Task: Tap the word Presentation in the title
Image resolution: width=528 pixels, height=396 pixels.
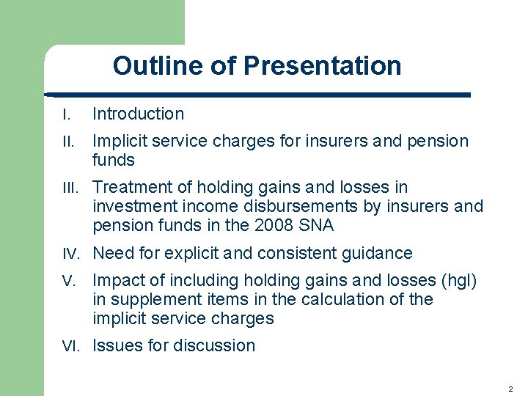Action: point(323,66)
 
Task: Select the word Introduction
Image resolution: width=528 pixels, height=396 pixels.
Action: point(138,114)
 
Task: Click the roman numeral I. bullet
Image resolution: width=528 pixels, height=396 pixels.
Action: point(66,114)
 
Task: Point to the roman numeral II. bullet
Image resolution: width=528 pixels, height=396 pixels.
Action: point(67,141)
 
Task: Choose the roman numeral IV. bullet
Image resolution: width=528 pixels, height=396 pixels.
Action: point(71,254)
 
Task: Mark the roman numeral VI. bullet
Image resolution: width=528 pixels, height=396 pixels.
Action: point(71,346)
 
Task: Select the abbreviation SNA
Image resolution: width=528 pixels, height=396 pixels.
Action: point(317,226)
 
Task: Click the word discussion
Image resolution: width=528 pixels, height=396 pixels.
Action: point(216,345)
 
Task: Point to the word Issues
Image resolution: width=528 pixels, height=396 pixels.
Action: point(114,345)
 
